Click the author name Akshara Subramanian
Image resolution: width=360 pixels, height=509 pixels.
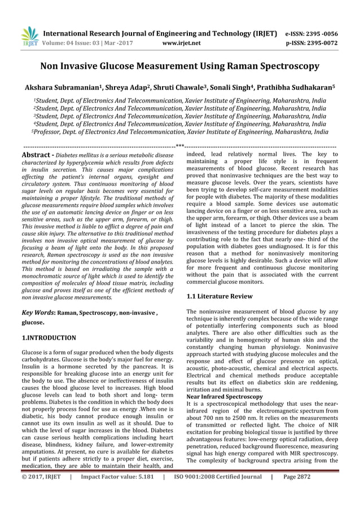point(56,89)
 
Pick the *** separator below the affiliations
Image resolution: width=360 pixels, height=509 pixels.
point(179,145)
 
